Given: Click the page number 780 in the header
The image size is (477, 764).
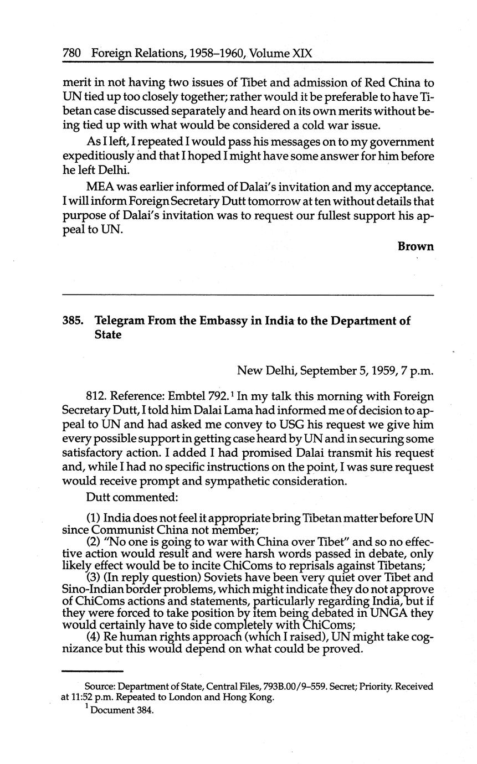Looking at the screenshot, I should click(x=73, y=53).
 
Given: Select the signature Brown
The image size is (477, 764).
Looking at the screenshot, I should click(x=416, y=246).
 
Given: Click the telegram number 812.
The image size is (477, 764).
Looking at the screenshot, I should click(x=95, y=397).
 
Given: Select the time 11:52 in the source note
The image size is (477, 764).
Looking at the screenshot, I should click(x=81, y=698).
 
